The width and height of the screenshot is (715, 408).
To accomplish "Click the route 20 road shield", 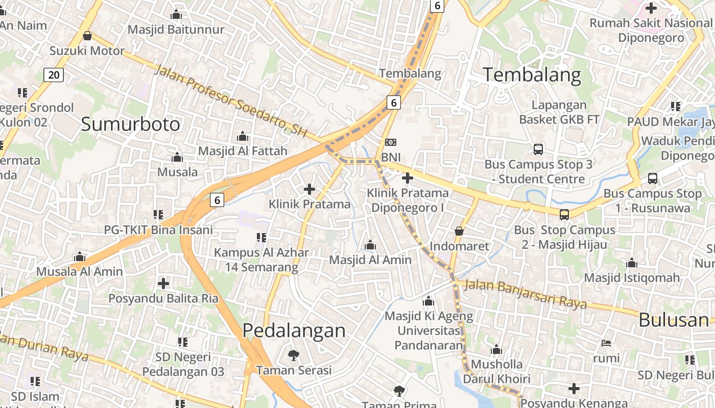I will point(54,75).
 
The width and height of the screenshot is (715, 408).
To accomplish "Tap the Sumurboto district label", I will point(131,124).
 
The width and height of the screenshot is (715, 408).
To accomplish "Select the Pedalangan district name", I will point(294,330).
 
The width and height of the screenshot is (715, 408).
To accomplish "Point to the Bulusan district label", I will point(674,320).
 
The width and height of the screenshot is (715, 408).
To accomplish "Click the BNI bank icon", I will point(391,142).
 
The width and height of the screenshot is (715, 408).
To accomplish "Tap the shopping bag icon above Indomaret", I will point(459,231).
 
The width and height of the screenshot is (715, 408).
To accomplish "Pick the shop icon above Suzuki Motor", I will point(87,36).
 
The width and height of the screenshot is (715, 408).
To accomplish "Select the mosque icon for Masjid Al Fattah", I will point(243,136).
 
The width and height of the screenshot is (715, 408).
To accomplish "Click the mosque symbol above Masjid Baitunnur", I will point(176,14).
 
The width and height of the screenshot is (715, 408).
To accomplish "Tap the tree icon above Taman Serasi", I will point(294,355).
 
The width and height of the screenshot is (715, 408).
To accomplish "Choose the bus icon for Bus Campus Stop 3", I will point(538,149).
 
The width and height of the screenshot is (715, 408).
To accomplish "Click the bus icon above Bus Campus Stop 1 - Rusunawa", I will point(652,178).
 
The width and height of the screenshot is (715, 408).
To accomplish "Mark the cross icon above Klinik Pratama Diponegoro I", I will point(407,178).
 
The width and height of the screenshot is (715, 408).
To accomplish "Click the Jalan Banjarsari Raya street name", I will point(526,294).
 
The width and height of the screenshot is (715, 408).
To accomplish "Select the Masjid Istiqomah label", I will point(632,278).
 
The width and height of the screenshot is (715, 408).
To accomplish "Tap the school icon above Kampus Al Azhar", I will point(261,237).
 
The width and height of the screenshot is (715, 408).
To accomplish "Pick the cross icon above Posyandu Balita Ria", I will point(163,283).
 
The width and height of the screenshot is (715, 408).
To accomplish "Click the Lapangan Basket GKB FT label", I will point(560,112).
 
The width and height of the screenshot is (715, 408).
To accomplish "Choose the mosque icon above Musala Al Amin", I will point(79,257).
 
